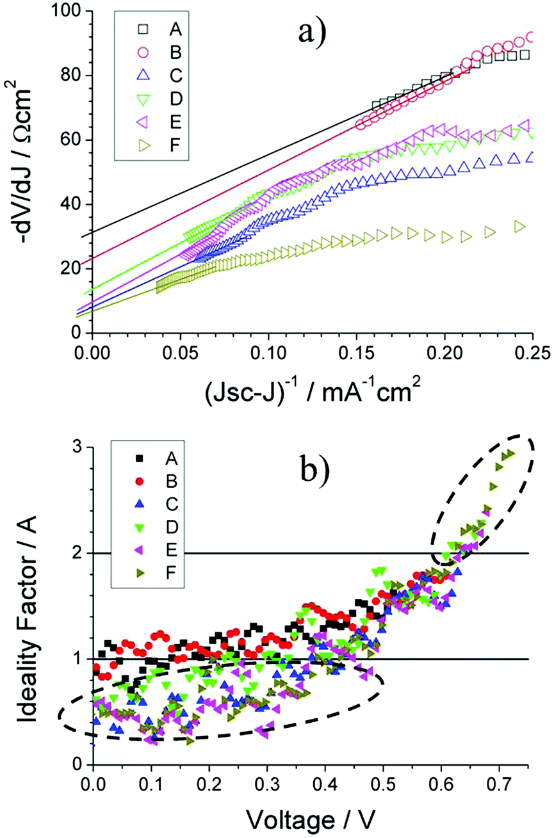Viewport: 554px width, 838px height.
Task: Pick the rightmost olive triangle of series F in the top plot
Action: [520, 227]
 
